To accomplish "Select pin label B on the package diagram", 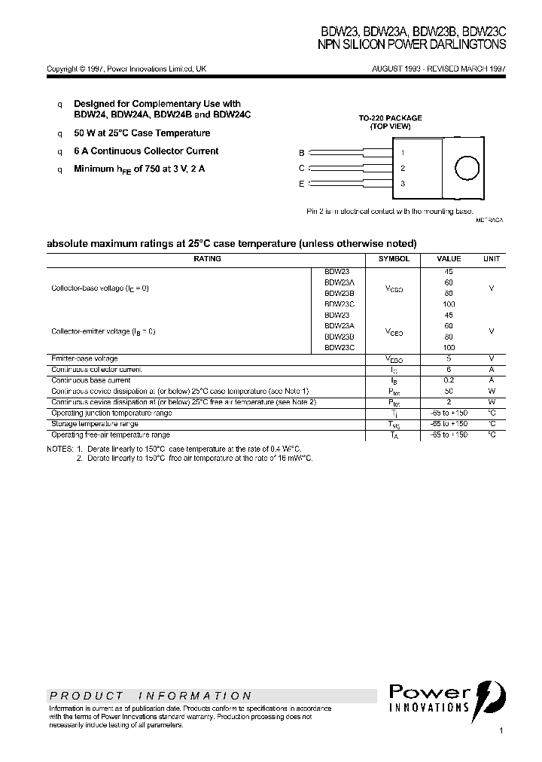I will [x=302, y=152].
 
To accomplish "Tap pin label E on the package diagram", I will [x=302, y=184].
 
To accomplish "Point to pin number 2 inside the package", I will [x=403, y=169].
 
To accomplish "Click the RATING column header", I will [x=207, y=259].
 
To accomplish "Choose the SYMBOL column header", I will [x=394, y=259].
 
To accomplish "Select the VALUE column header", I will [x=449, y=259].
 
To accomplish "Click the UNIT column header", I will [x=491, y=259].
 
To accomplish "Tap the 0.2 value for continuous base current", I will [x=449, y=380].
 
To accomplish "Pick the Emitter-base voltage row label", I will [x=84, y=359].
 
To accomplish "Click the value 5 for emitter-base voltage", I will [x=449, y=359].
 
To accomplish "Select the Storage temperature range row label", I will [x=95, y=424].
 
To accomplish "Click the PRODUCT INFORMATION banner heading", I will [x=151, y=696].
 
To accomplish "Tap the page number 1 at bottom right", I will [x=501, y=731].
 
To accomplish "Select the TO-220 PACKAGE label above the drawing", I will [x=390, y=118].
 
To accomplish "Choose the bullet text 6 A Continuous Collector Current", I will [x=146, y=151].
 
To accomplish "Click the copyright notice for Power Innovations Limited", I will [x=126, y=69].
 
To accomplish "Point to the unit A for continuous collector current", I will [x=491, y=370].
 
